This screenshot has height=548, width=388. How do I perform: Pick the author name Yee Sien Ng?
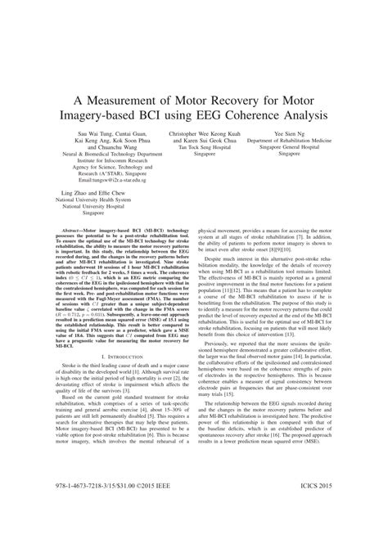pos(308,133)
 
